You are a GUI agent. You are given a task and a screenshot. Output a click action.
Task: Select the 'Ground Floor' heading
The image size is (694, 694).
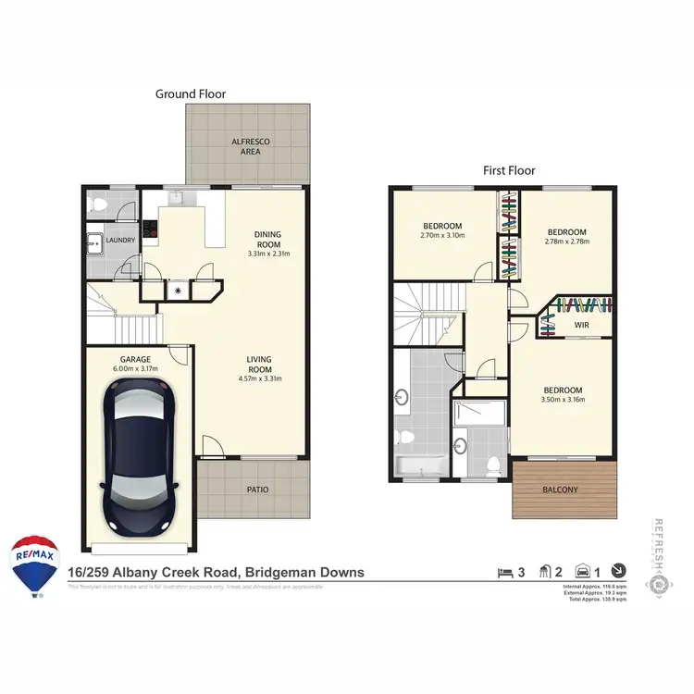pos(191,93)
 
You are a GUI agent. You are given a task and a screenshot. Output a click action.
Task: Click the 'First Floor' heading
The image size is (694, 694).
pos(509,170)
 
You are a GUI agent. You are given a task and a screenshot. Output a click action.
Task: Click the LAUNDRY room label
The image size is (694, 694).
pos(120,241)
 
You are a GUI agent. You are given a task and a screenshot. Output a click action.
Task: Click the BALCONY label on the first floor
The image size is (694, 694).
pos(564,490)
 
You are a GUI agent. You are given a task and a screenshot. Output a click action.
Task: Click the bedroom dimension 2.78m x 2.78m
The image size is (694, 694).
pos(565,242)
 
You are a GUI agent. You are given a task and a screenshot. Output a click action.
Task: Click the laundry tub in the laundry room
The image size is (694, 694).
pos(95,246)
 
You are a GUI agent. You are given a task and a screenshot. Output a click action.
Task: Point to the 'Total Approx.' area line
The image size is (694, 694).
pos(594,601)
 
